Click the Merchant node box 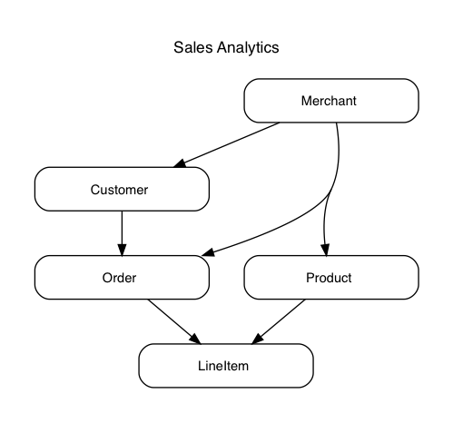pyautogui.click(x=331, y=101)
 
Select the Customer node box pyautogui.click(x=122, y=189)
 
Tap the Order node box pyautogui.click(x=122, y=278)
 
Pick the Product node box pyautogui.click(x=331, y=278)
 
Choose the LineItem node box pyautogui.click(x=226, y=366)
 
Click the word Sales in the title pyautogui.click(x=193, y=47)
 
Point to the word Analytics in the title pyautogui.click(x=248, y=48)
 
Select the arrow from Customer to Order pyautogui.click(x=122, y=233)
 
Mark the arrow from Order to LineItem pyautogui.click(x=174, y=321)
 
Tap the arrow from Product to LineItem pyautogui.click(x=278, y=321)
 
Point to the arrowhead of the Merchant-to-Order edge pyautogui.click(x=208, y=252)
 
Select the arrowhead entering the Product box pyautogui.click(x=325, y=250)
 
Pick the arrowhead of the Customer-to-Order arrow pyautogui.click(x=122, y=250)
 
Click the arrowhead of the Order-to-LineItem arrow pyautogui.click(x=195, y=339)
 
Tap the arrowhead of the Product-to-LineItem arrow pyautogui.click(x=257, y=339)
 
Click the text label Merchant pyautogui.click(x=329, y=101)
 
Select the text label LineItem pyautogui.click(x=223, y=366)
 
